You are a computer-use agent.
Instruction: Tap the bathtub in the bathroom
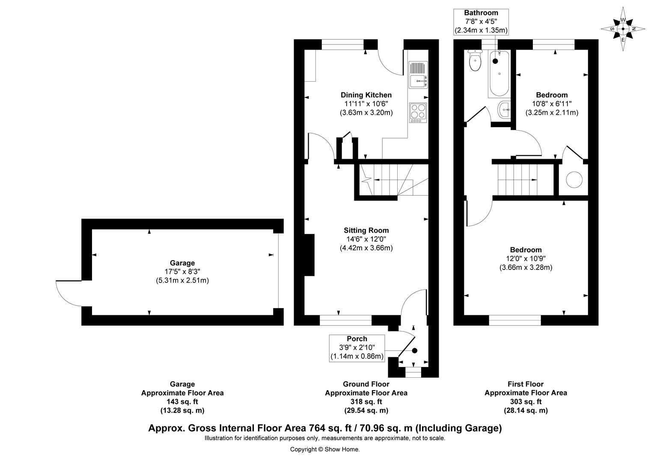point(499,74)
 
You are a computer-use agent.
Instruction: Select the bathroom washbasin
point(504,110)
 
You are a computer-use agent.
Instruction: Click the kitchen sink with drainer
point(418,75)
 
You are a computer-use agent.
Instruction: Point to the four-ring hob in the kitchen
point(418,113)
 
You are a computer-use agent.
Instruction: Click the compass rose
point(623,29)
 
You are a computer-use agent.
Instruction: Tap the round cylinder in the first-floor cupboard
point(574,180)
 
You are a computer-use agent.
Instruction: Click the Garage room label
point(182,263)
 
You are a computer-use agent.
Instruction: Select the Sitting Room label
point(366,230)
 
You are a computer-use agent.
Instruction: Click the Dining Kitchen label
point(366,95)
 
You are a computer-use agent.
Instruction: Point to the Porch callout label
point(357,349)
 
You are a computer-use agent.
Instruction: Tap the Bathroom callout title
point(481,13)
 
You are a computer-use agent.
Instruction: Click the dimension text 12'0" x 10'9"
point(526,258)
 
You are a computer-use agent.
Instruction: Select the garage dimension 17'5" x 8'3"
point(182,271)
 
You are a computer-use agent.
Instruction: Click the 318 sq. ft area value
point(366,402)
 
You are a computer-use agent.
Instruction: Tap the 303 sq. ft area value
point(526,402)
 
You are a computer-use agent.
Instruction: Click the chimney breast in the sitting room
point(309,255)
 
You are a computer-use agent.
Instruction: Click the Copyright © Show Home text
point(325,450)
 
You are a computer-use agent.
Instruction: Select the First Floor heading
point(526,384)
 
